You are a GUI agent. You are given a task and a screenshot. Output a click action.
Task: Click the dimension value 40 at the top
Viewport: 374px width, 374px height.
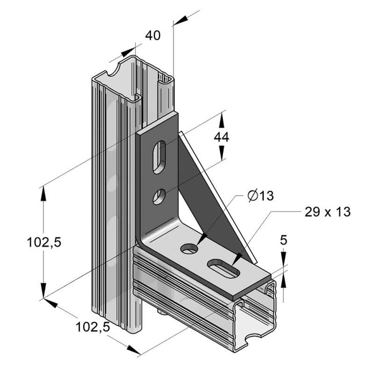(152, 36)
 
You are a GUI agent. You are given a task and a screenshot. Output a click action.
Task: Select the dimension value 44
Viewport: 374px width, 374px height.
(221, 137)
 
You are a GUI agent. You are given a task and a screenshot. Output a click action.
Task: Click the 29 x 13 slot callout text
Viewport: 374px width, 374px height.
(327, 211)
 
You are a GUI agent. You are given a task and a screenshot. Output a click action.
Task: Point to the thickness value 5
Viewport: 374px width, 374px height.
(283, 240)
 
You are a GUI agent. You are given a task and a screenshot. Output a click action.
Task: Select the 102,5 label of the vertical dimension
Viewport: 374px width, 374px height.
(44, 243)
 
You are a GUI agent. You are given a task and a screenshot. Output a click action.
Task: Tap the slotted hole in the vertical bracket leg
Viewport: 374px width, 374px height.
(159, 157)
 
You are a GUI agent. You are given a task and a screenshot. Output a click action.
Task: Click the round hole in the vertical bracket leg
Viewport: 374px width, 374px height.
(159, 196)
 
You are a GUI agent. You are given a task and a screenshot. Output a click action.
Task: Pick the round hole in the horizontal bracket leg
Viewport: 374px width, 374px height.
(189, 249)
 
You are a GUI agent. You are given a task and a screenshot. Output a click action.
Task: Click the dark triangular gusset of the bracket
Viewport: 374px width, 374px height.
(206, 196)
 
